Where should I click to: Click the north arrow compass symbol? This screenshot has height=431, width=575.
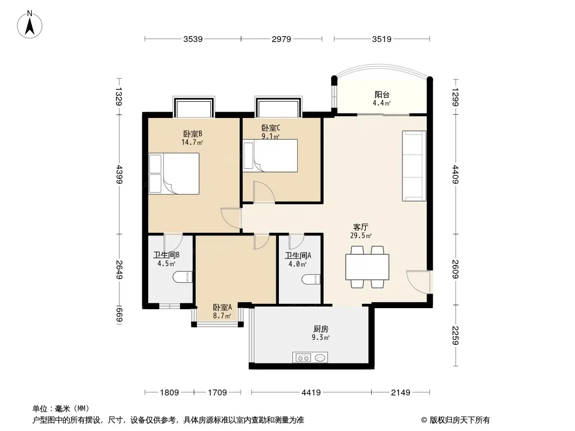(30, 25)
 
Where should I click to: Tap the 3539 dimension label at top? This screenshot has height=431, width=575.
(193, 39)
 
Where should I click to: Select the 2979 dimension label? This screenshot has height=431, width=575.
(281, 39)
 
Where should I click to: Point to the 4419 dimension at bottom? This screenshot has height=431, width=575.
(311, 393)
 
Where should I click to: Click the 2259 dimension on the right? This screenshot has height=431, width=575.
(455, 336)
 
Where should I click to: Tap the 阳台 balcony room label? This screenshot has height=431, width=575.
(382, 94)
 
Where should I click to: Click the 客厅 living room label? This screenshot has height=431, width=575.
(361, 227)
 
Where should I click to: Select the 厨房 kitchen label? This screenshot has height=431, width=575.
(321, 329)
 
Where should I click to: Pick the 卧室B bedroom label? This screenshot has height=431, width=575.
(193, 134)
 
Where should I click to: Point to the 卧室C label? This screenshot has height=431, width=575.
(271, 128)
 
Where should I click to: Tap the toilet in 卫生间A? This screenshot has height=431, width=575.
(311, 280)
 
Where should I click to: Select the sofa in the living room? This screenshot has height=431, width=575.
(414, 166)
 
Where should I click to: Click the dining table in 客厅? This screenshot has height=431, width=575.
(367, 267)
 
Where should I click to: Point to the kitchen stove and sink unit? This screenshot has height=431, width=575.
(310, 357)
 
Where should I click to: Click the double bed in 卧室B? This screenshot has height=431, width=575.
(174, 173)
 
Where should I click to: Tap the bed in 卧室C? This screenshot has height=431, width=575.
(270, 155)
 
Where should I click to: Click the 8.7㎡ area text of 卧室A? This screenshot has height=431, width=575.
(222, 316)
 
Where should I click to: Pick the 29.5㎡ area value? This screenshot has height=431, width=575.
(361, 236)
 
